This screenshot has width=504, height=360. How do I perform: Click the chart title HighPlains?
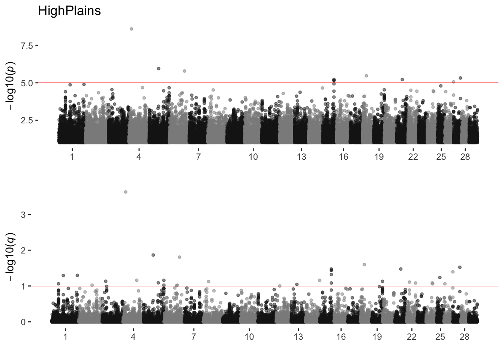[69, 11]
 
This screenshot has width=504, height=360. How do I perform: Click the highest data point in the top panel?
[131, 29]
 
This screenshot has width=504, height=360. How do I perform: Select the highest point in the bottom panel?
[126, 192]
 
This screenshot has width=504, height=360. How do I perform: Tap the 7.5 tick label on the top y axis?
[27, 46]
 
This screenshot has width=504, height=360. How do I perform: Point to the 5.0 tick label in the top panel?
[27, 83]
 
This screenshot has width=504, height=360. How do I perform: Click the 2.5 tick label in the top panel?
[27, 120]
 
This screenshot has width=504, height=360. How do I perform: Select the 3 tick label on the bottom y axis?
[23, 215]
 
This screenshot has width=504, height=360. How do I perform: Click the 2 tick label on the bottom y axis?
[23, 250]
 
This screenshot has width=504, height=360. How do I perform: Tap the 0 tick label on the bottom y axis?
[23, 322]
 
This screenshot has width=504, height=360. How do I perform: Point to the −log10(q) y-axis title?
[10, 257]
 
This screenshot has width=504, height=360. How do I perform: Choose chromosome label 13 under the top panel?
[301, 157]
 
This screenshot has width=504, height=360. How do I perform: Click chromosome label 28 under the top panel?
[465, 157]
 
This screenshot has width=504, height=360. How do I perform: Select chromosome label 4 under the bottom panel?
[133, 337]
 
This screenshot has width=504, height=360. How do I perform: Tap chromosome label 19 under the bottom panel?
[377, 337]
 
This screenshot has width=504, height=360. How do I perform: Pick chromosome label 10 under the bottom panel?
[249, 337]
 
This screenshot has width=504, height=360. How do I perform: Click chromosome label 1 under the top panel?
[72, 157]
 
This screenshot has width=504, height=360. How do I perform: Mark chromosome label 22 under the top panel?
[413, 157]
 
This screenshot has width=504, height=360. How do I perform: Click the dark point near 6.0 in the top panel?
[159, 69]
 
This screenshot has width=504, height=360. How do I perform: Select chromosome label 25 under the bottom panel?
[440, 337]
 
